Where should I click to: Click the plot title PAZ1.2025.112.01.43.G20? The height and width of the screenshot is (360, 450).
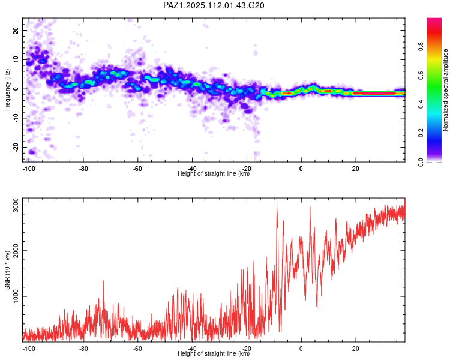(214, 5)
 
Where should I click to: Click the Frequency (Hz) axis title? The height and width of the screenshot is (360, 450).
(7, 90)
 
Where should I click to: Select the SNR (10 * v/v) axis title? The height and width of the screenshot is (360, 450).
(7, 270)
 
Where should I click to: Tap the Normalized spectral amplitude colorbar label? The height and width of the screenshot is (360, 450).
(445, 90)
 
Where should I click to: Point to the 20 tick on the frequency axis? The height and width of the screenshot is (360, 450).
(16, 31)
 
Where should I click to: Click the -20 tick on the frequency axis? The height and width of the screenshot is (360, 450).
(16, 147)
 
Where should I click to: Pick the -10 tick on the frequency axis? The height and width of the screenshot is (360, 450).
(16, 118)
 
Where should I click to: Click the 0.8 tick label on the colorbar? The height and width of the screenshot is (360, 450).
(421, 46)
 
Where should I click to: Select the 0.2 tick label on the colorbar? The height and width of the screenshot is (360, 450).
(421, 133)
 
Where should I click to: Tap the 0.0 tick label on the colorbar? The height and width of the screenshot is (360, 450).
(421, 162)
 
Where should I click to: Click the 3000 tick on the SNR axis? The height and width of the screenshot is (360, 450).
(16, 205)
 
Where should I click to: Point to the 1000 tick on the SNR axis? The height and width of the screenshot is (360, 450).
(16, 296)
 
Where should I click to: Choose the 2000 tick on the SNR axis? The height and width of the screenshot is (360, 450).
(16, 251)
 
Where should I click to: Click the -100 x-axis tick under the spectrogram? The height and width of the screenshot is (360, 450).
(29, 169)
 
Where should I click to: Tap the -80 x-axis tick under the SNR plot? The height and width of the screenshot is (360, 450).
(83, 349)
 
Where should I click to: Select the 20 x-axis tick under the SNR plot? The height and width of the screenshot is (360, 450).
(356, 349)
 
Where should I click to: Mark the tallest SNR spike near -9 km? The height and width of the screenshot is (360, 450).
(277, 202)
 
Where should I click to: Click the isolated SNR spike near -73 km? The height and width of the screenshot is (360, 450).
(104, 281)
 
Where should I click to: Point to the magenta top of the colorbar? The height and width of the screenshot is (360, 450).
(434, 20)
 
